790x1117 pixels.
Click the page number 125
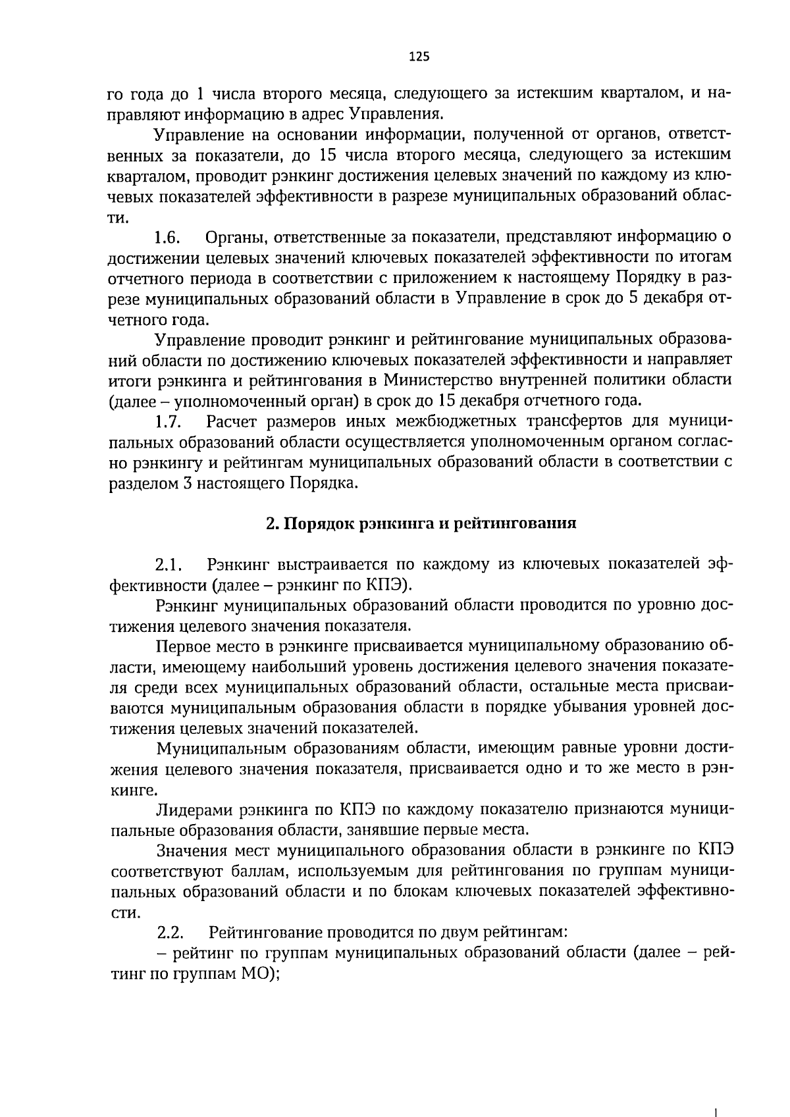(x=419, y=57)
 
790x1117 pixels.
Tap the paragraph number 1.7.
(x=169, y=421)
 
